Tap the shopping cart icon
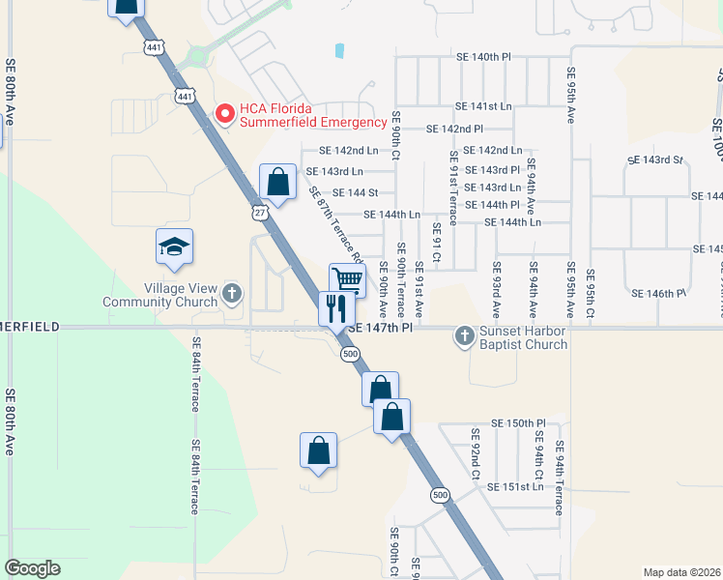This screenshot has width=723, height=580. [x=348, y=280]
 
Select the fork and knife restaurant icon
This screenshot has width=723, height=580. [x=336, y=309]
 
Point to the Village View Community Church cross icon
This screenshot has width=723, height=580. [x=231, y=292]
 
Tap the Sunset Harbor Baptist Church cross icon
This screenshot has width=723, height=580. [x=465, y=334]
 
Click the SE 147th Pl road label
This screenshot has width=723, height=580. [x=380, y=329]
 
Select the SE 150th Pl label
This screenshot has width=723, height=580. [x=518, y=423]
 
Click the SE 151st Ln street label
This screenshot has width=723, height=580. [x=516, y=486]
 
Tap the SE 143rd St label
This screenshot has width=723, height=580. [x=655, y=159]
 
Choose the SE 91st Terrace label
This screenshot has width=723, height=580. [x=452, y=195]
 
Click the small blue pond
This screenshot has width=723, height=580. [x=338, y=50]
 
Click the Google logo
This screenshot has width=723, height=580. [x=32, y=568]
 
